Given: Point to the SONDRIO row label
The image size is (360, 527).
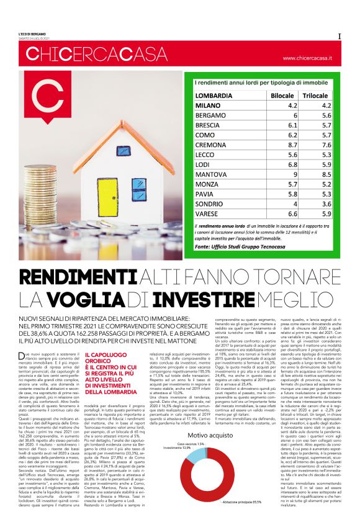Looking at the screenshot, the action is tap(214, 204).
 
